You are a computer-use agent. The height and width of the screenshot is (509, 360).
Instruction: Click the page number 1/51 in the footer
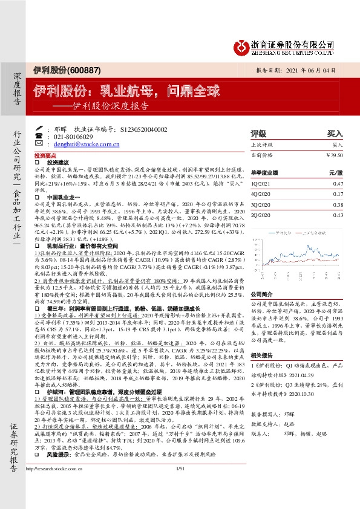click(x=179, y=502)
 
